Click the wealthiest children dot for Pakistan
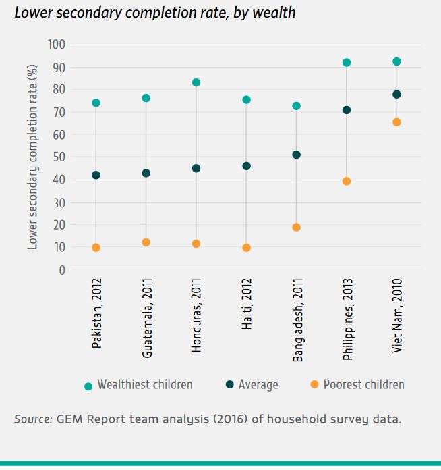click(96, 103)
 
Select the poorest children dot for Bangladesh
click(296, 227)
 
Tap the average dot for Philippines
click(347, 110)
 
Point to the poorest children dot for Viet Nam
click(396, 122)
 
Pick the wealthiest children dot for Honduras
click(196, 82)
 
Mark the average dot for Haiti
click(246, 166)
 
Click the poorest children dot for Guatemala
click(146, 242)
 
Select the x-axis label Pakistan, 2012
click(97, 315)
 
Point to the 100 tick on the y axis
click(57, 45)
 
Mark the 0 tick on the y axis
click(62, 270)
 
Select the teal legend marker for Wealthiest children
click(88, 386)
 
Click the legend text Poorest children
click(364, 385)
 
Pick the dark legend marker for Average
click(229, 385)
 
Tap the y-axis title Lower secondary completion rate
click(33, 157)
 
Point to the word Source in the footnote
click(32, 419)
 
